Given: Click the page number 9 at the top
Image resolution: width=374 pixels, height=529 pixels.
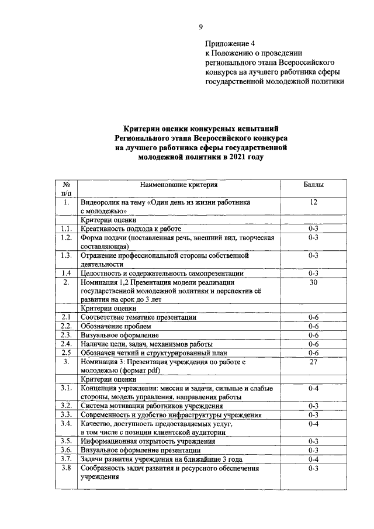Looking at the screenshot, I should coord(200,26).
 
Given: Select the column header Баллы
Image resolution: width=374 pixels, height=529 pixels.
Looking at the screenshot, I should coord(313,185).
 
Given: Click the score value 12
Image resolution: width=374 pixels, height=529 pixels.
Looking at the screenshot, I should coord(313,202).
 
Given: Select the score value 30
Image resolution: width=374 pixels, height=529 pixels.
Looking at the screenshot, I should coord(313,282).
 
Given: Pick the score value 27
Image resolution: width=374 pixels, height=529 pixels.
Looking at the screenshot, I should coord(313,362).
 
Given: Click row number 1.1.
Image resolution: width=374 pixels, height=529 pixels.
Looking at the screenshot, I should coord(66,229).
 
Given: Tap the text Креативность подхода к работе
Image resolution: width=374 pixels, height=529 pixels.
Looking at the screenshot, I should coord(131,229).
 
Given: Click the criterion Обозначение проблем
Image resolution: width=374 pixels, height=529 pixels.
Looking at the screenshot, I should coord(116,326).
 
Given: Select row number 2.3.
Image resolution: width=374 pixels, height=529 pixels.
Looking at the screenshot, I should coord(66,335).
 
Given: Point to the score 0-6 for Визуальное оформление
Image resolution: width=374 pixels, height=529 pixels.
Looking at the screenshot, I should coord(313,335).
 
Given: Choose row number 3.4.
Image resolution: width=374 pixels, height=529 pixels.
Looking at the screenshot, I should coord(66,423).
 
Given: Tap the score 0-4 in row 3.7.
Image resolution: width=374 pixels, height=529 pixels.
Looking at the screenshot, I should coord(313,458).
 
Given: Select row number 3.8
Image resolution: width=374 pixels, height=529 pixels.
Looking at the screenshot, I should coord(66,468).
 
